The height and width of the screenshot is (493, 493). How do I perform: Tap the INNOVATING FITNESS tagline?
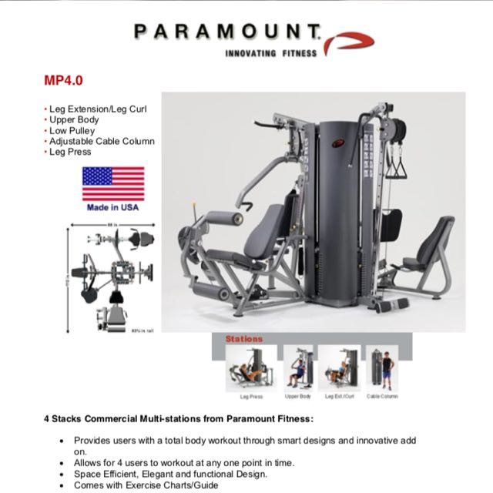(269, 54)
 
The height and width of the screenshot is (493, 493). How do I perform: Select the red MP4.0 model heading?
(62, 80)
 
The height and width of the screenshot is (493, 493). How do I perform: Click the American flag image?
(113, 183)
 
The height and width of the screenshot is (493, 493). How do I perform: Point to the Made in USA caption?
(113, 207)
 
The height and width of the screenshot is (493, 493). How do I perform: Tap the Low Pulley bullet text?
(74, 131)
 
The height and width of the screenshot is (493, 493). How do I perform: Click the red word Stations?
(244, 338)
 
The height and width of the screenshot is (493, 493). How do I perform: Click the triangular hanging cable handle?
(397, 164)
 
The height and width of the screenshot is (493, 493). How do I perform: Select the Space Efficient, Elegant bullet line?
(170, 475)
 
